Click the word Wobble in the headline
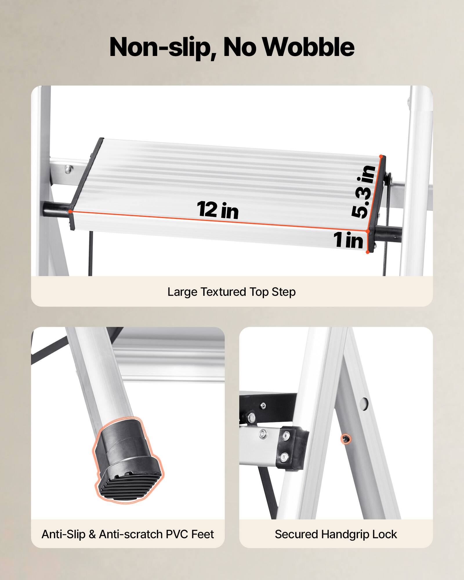pyautogui.click(x=308, y=47)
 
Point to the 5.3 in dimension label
pyautogui.click(x=364, y=191)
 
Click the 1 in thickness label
pyautogui.click(x=348, y=240)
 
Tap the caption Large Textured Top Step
pyautogui.click(x=231, y=292)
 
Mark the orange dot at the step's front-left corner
pyautogui.click(x=71, y=211)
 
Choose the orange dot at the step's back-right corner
pyautogui.click(x=381, y=157)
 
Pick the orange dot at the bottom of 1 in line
pyautogui.click(x=367, y=252)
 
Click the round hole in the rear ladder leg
pyautogui.click(x=365, y=402)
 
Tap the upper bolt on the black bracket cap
pyautogui.click(x=287, y=435)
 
